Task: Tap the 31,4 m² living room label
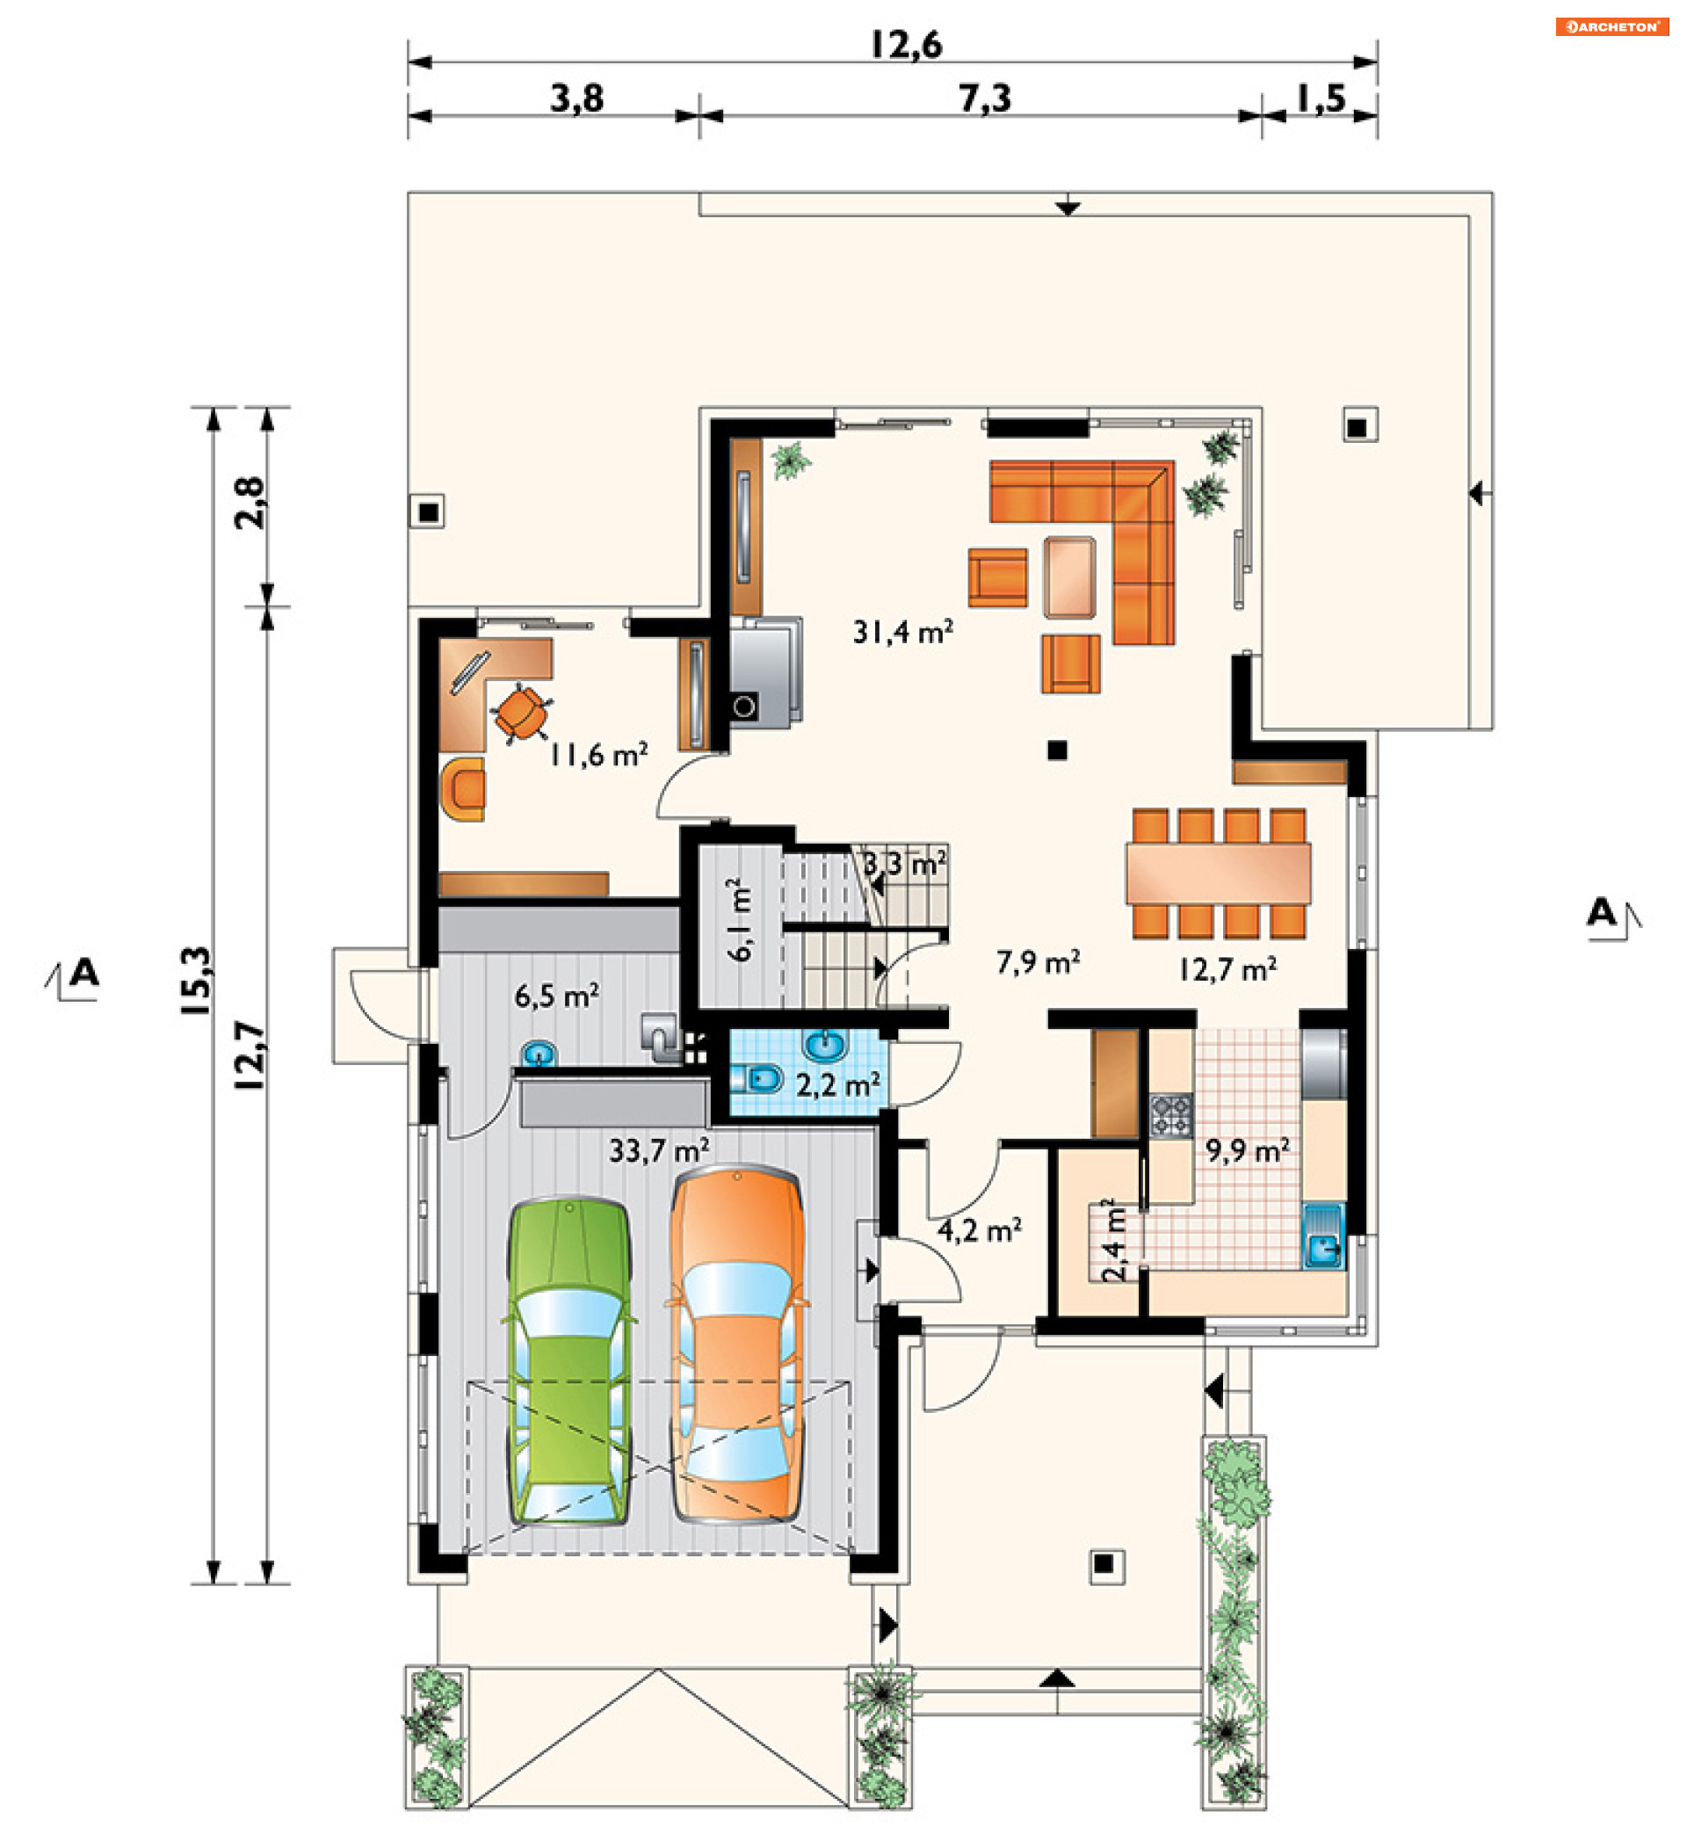903,631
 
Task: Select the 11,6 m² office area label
599,754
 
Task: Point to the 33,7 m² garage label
659,1150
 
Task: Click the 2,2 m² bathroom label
838,1085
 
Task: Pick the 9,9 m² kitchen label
1247,1150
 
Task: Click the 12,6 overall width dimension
906,44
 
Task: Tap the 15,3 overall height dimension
197,981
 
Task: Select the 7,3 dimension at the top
985,98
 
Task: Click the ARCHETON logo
1611,26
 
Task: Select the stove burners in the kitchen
1171,1116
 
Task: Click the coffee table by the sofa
1070,577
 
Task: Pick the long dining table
1219,873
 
